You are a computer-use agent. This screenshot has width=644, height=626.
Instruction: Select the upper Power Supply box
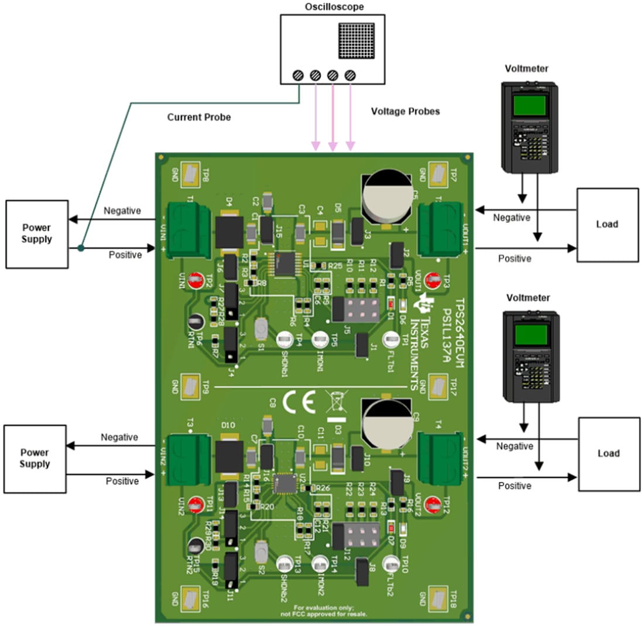(37, 232)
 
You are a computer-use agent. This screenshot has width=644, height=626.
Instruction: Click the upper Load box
(607, 224)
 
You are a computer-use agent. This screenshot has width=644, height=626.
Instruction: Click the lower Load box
(607, 453)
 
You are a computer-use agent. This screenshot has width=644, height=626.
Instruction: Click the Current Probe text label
(199, 118)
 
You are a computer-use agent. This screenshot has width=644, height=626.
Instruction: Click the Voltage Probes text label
(405, 111)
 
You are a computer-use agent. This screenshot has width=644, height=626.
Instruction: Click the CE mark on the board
(299, 402)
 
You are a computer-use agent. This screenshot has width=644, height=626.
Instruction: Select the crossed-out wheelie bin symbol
(335, 403)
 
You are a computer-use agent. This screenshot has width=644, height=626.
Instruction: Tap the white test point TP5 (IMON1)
(320, 339)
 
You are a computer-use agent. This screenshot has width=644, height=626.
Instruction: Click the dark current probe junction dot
(81, 249)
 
